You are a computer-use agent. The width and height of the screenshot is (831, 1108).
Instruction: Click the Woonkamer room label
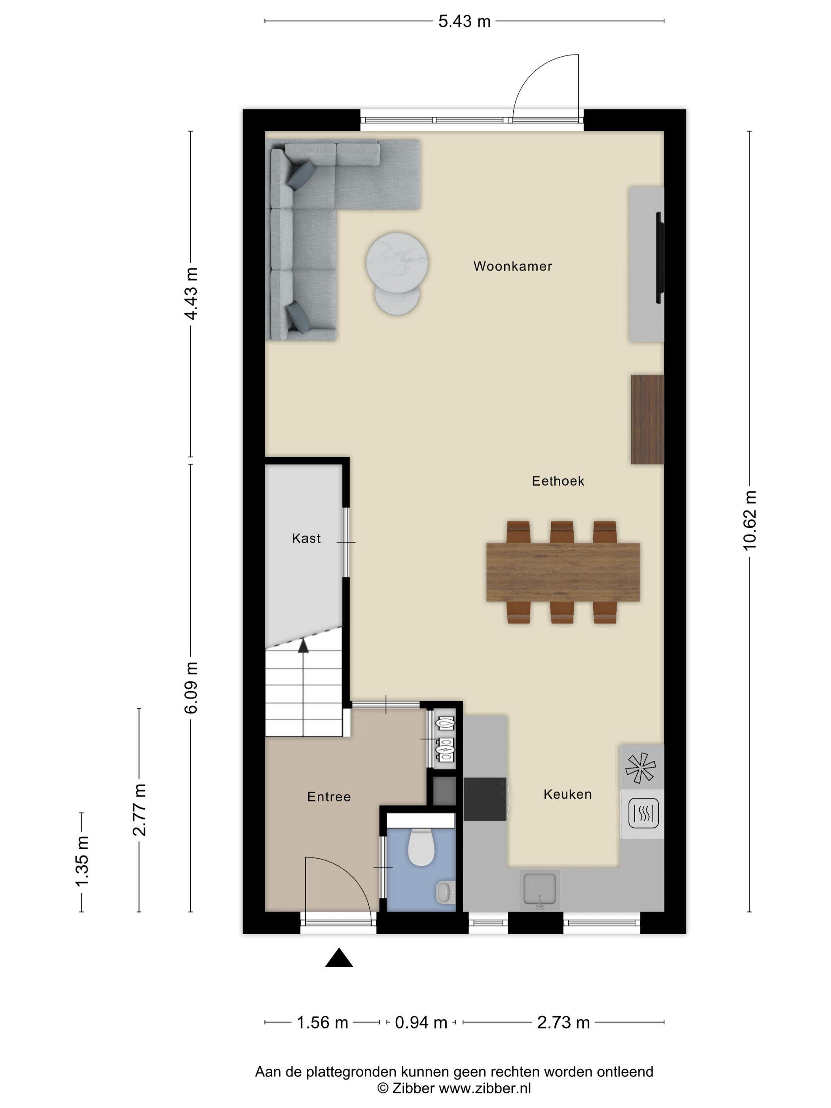point(512,266)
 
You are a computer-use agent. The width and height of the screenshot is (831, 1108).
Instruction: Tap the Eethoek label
point(558,481)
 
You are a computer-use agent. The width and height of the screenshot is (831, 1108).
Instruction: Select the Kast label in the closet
point(306,539)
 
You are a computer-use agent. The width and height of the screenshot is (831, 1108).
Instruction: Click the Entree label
point(328,797)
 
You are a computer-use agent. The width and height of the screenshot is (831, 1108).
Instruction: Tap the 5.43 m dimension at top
point(464,21)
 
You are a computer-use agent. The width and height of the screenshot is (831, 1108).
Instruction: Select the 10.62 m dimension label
point(749,521)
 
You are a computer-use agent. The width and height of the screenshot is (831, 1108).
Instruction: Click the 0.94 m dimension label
point(421,1023)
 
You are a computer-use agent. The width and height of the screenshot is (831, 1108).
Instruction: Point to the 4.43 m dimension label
point(191,294)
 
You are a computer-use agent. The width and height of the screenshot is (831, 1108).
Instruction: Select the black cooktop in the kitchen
point(484,799)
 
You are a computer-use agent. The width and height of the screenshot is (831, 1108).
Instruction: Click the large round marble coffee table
point(397,263)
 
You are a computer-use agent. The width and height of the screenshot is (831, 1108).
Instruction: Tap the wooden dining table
point(563,572)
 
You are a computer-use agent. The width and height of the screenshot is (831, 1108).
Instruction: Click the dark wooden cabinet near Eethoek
point(647,419)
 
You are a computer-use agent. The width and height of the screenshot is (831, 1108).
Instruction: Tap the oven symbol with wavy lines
point(643,814)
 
